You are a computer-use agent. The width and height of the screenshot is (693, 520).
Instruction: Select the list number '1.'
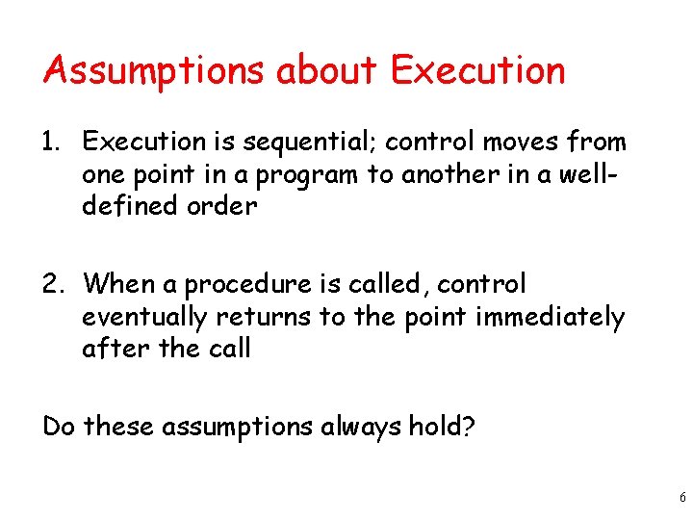(55, 143)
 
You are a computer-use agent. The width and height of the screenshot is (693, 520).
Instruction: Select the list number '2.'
(55, 284)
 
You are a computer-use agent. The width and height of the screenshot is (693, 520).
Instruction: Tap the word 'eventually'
(144, 318)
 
